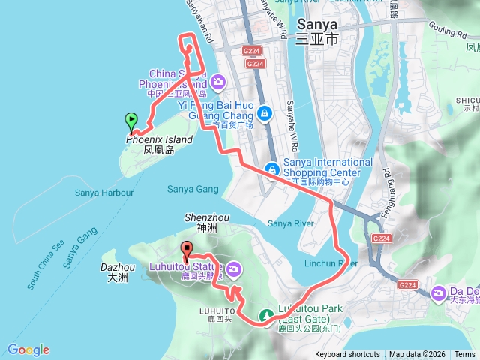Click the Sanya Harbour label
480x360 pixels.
tap(104, 193)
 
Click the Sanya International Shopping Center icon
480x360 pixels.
tap(271, 170)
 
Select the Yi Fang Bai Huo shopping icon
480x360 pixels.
tap(264, 113)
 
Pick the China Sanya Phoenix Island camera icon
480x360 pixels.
tap(218, 80)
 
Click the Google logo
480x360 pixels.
tap(28, 349)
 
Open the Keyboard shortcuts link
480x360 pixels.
tap(347, 354)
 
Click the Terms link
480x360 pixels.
tap(464, 354)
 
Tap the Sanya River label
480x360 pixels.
tap(289, 223)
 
